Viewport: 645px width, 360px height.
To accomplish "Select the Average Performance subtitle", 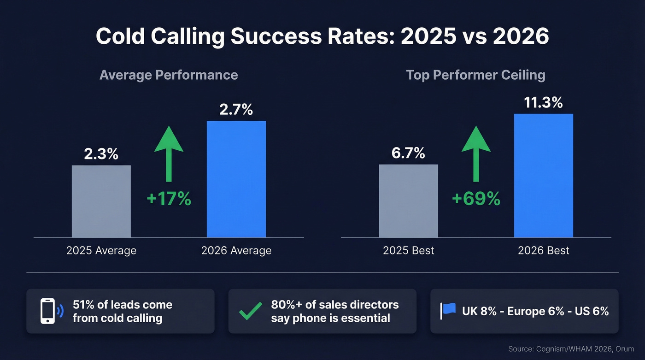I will click(x=169, y=75).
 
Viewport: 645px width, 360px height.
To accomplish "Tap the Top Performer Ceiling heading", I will click(x=475, y=75).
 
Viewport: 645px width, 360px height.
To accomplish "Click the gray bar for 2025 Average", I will click(x=101, y=201).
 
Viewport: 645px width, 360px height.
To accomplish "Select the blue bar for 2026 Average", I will click(x=236, y=179).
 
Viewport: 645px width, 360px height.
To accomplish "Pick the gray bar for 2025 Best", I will click(x=408, y=201).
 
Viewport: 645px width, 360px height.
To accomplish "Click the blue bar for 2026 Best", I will click(x=544, y=176).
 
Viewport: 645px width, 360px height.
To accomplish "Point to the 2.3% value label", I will click(x=101, y=154).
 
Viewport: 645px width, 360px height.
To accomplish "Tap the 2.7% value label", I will click(x=236, y=110).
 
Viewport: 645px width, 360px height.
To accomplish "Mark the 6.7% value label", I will click(x=408, y=153).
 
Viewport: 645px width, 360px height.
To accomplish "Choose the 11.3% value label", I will click(x=544, y=103).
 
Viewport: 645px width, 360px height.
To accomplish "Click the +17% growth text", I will click(x=169, y=199).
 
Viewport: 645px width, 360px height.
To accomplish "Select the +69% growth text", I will click(x=476, y=199).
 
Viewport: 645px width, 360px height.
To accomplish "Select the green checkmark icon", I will click(x=251, y=311).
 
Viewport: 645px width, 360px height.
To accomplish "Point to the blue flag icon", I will click(x=448, y=311).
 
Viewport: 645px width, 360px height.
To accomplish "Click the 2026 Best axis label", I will click(x=544, y=251).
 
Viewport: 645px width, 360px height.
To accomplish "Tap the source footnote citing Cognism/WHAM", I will click(x=571, y=349).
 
